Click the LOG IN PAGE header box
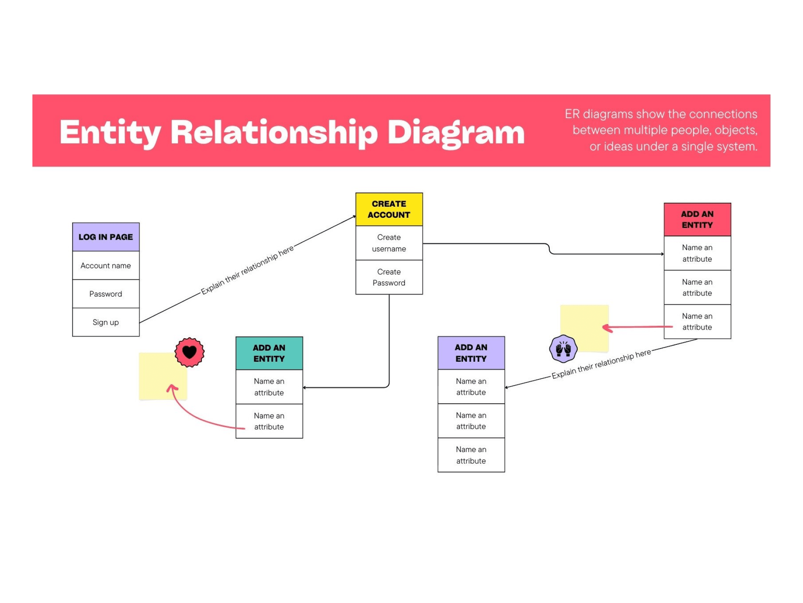(106, 237)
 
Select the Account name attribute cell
(106, 266)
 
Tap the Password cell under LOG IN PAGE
(106, 294)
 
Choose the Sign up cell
(106, 322)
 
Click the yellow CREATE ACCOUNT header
(389, 209)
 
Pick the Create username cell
(389, 243)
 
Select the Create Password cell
(389, 277)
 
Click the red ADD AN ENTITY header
(697, 219)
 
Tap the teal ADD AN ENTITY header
(269, 353)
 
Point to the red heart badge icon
(189, 352)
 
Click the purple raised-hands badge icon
(563, 348)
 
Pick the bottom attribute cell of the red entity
(697, 322)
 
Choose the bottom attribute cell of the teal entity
(269, 421)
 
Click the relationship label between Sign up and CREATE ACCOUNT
(247, 270)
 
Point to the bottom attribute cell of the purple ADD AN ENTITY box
(471, 455)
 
